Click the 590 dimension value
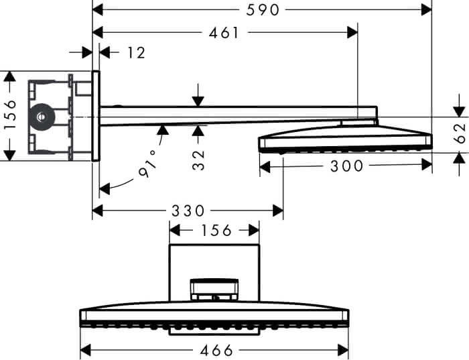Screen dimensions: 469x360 (263, 10)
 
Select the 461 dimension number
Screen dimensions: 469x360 (224, 33)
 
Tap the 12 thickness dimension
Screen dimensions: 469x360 (136, 53)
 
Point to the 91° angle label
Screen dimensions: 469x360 (148, 164)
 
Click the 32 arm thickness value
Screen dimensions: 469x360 (198, 160)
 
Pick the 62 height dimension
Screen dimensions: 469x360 (460, 133)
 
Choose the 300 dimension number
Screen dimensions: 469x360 (346, 166)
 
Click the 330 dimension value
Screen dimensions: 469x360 (188, 211)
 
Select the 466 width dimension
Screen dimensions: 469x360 (216, 350)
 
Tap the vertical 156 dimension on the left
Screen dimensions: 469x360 (11, 115)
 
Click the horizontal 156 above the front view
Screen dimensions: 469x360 (216, 231)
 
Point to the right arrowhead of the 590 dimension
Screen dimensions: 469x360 (427, 10)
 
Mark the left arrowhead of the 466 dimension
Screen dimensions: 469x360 (86, 350)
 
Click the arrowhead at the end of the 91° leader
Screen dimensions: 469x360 (104, 189)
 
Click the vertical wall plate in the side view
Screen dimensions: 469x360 (96, 116)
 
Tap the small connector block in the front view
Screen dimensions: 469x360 (214, 290)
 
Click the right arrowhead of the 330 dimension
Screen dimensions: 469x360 (278, 211)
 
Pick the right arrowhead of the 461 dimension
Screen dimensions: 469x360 (352, 32)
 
